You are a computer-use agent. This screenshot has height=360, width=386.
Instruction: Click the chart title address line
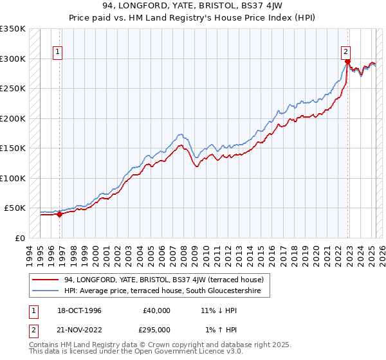pyautogui.click(x=192, y=5)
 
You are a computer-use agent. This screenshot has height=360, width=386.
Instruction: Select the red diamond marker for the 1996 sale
pyautogui.click(x=60, y=215)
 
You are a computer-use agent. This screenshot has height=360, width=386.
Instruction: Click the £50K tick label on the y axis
pyautogui.click(x=15, y=208)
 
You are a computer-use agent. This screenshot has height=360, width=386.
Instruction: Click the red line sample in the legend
pyautogui.click(x=45, y=280)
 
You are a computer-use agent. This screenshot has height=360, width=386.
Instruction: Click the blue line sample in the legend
pyautogui.click(x=45, y=291)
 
